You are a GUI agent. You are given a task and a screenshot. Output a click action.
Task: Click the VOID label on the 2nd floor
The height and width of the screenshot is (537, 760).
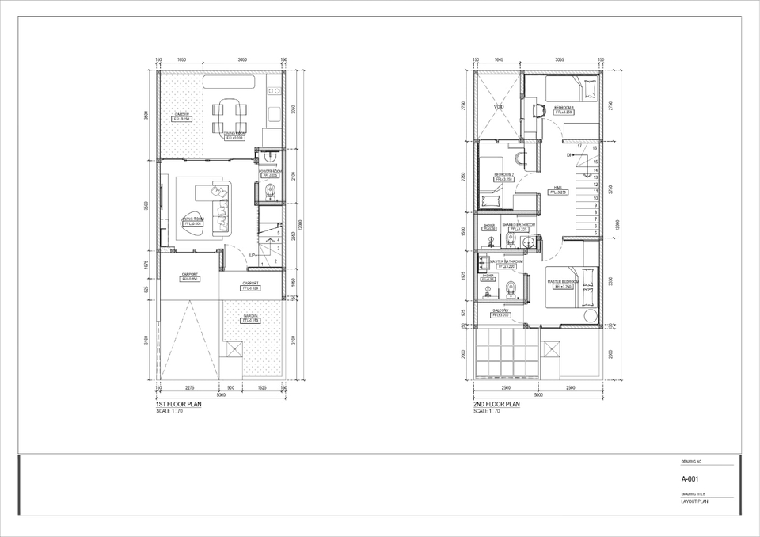499,107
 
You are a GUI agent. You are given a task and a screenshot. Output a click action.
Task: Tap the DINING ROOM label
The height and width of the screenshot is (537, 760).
234,133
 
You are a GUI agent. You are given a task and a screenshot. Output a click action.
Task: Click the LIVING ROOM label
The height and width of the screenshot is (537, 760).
193,219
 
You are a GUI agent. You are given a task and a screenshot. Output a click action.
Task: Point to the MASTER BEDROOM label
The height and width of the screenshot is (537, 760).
564,281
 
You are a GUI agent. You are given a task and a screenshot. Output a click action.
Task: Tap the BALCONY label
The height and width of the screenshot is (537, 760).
500,310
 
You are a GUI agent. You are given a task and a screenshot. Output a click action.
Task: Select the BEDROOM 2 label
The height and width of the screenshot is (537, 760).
503,174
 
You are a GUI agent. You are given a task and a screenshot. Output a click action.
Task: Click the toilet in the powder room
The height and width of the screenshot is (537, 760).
269,189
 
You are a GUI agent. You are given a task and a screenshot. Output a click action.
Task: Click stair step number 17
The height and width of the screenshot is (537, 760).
579,147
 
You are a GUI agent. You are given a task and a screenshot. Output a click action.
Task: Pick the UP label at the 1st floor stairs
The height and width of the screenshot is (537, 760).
253,255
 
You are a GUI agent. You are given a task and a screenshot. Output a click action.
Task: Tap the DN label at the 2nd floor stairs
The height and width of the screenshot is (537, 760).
570,155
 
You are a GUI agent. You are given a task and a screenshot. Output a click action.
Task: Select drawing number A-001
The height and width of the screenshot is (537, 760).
690,479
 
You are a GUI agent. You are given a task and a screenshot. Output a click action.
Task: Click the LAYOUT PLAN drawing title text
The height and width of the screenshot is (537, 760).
694,501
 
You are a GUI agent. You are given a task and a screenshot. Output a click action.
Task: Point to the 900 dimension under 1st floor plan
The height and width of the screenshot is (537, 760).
230,388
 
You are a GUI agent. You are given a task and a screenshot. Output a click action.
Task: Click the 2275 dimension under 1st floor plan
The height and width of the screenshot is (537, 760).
190,388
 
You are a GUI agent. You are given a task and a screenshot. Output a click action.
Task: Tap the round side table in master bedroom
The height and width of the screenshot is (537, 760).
590,316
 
